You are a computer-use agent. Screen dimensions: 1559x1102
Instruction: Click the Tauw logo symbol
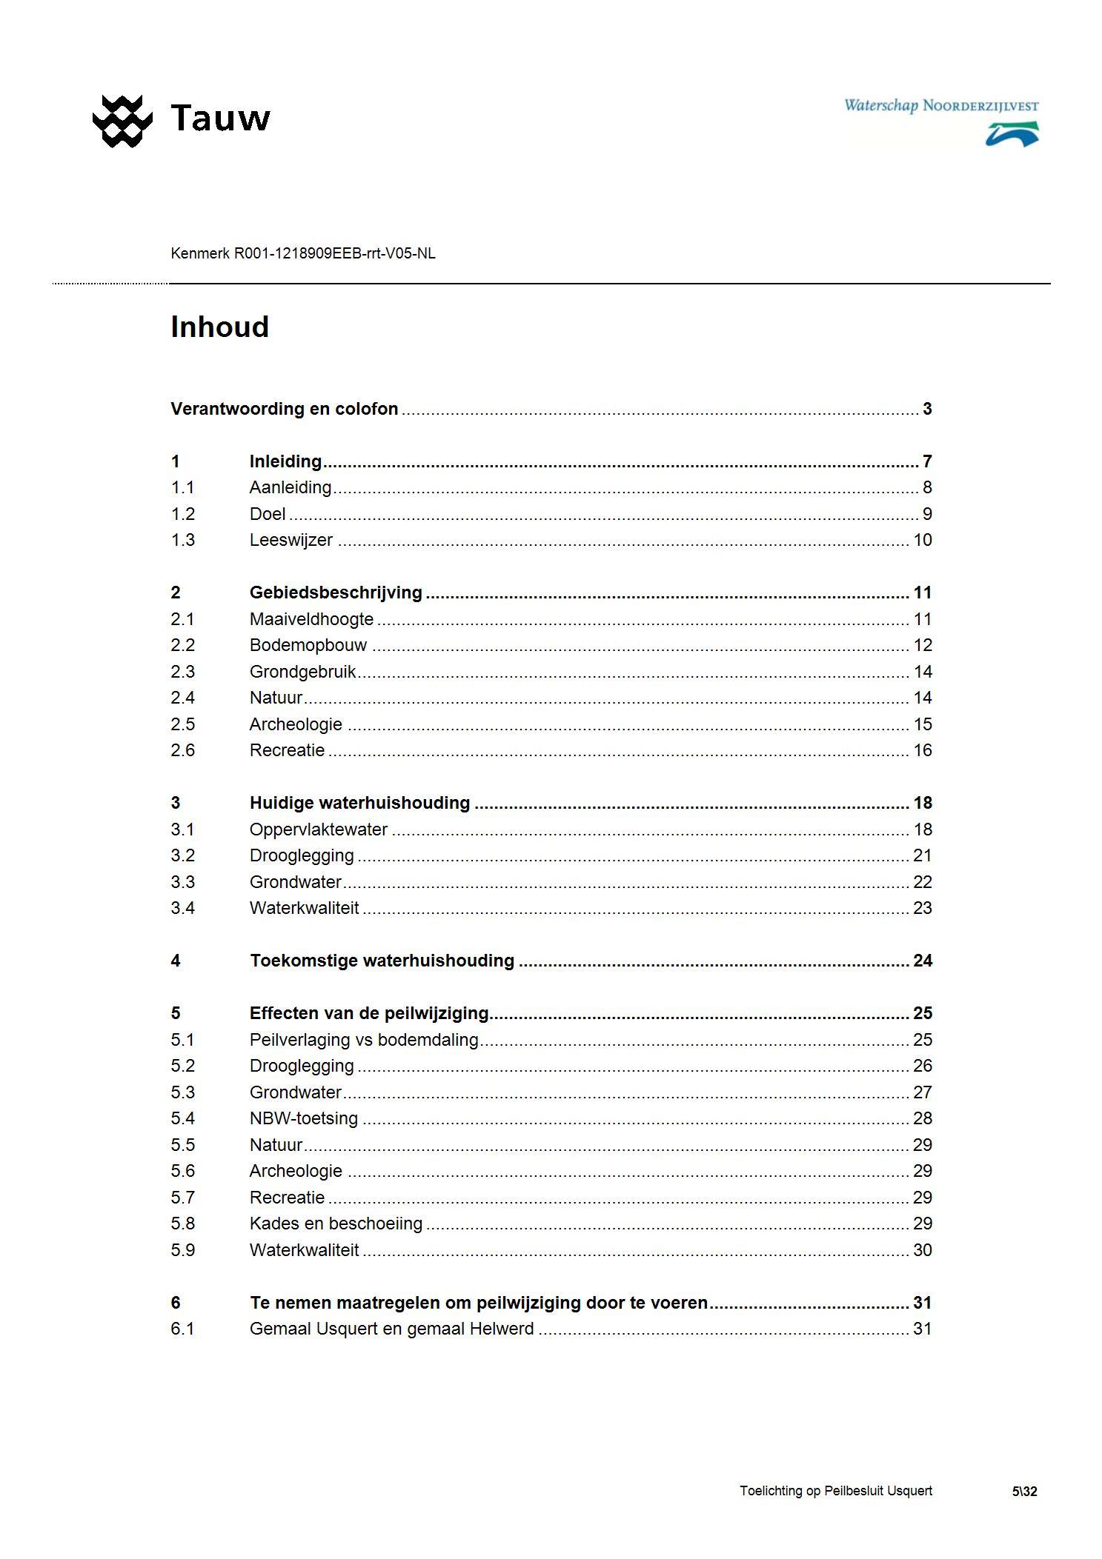click(122, 120)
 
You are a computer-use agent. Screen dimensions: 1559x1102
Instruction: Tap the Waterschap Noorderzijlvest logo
click(941, 121)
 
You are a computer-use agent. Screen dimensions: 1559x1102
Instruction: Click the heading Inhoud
click(219, 327)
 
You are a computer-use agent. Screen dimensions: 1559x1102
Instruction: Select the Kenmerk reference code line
click(302, 253)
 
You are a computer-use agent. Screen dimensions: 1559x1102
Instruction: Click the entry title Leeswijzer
click(291, 540)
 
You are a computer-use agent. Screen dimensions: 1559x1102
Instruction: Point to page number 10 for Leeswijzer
click(922, 540)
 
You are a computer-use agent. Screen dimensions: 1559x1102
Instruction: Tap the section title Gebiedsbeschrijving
click(336, 592)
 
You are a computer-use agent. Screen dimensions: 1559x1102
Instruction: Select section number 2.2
click(182, 645)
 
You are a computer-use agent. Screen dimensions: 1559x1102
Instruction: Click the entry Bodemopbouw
click(308, 645)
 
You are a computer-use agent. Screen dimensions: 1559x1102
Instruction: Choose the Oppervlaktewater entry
click(318, 829)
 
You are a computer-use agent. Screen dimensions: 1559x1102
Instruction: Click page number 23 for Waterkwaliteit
click(922, 908)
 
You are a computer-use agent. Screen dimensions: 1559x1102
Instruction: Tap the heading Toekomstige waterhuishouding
click(382, 961)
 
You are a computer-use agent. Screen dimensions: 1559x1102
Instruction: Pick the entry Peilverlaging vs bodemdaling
click(364, 1040)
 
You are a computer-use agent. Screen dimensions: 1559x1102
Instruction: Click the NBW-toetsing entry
click(303, 1118)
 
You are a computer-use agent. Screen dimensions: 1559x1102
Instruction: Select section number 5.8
click(182, 1224)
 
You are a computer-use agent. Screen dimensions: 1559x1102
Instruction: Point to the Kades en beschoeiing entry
click(336, 1224)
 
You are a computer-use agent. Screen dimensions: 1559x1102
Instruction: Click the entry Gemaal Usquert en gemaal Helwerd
click(391, 1329)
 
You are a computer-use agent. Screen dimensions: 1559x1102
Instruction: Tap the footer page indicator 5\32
click(1024, 1492)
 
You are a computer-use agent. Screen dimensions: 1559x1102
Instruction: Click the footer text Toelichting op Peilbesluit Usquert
click(835, 1491)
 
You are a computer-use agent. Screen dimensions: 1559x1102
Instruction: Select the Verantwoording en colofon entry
click(284, 409)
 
